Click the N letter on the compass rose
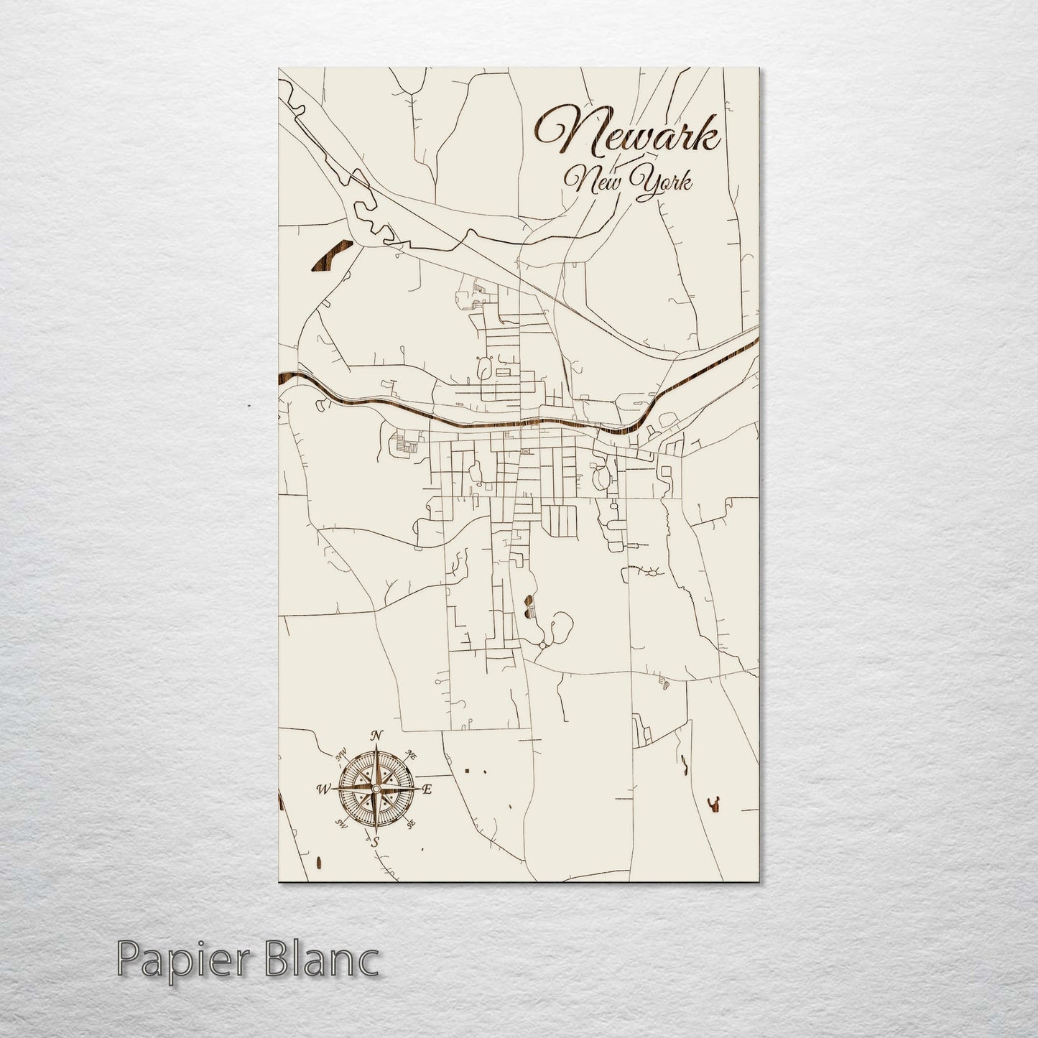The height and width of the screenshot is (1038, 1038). click(375, 736)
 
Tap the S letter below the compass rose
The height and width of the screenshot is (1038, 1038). click(374, 843)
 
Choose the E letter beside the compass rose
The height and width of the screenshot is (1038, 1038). click(427, 789)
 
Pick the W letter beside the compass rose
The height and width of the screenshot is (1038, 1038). click(321, 789)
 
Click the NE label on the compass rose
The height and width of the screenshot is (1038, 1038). click(412, 754)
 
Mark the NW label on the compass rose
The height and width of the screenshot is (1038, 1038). click(340, 754)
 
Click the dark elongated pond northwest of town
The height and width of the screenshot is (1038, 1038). click(330, 256)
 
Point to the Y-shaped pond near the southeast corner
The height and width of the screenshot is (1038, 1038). click(715, 805)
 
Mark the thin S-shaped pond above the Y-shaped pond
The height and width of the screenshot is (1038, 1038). click(683, 766)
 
